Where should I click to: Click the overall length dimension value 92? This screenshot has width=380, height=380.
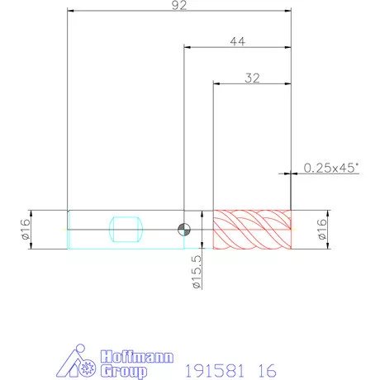(179, 5)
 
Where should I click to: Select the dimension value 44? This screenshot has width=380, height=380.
(237, 41)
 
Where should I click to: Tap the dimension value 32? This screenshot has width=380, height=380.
(252, 78)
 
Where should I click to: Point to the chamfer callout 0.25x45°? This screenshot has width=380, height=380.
(331, 168)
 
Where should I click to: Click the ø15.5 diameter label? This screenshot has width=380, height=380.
(197, 272)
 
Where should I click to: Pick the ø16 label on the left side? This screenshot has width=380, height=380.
(26, 230)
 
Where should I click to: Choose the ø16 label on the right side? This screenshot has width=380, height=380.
(322, 230)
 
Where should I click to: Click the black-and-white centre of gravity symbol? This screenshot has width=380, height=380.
(184, 230)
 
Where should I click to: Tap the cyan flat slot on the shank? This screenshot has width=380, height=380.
(126, 230)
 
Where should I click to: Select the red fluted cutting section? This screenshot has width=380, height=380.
(252, 230)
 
